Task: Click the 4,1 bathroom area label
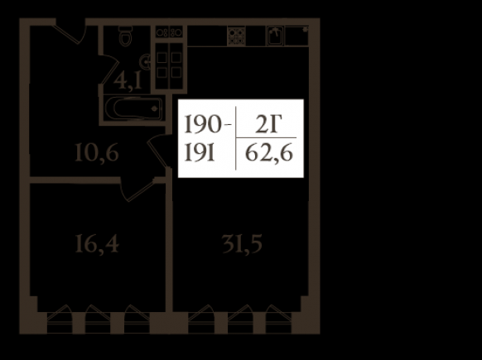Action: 128,82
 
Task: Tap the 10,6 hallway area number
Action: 97,153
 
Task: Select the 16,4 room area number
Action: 97,243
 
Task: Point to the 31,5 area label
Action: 242,244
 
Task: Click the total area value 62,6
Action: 268,153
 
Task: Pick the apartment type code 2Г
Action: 268,124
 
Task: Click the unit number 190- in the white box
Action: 208,124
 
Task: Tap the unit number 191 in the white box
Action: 200,153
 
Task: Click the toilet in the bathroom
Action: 125,36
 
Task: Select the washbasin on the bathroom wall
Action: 145,62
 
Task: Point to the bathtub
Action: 133,108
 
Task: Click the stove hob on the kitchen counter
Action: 236,36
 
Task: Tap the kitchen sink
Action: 275,36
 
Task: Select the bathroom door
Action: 108,70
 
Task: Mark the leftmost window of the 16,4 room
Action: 60,319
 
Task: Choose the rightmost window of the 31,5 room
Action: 278,319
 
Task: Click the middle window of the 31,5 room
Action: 241,319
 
